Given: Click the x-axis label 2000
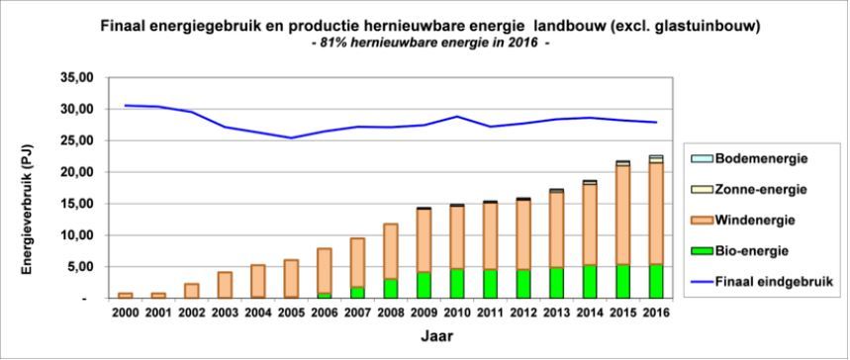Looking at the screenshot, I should coord(126,314).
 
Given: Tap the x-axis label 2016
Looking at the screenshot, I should coord(655,314).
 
